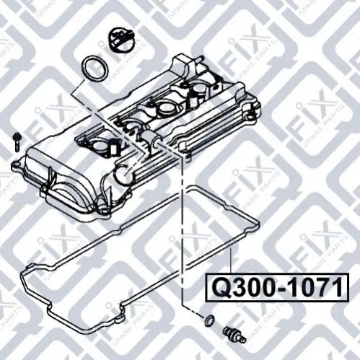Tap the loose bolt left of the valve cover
(x=17, y=141)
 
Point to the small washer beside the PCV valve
(x=208, y=320)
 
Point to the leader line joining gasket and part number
(x=231, y=260)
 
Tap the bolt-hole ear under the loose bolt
(x=15, y=164)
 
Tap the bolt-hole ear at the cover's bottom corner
(x=104, y=211)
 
